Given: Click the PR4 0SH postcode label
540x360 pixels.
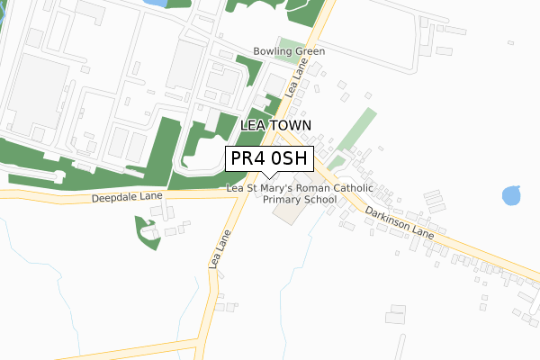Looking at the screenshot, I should pos(269,158).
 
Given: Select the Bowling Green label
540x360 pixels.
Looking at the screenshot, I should pos(289,51).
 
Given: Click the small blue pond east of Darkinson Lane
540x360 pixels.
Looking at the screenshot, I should pos(512,194).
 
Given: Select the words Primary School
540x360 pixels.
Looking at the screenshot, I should pos(300,199).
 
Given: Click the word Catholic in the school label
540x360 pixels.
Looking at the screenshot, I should pos(355,188).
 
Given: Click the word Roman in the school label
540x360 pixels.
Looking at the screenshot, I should pos(314,188).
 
